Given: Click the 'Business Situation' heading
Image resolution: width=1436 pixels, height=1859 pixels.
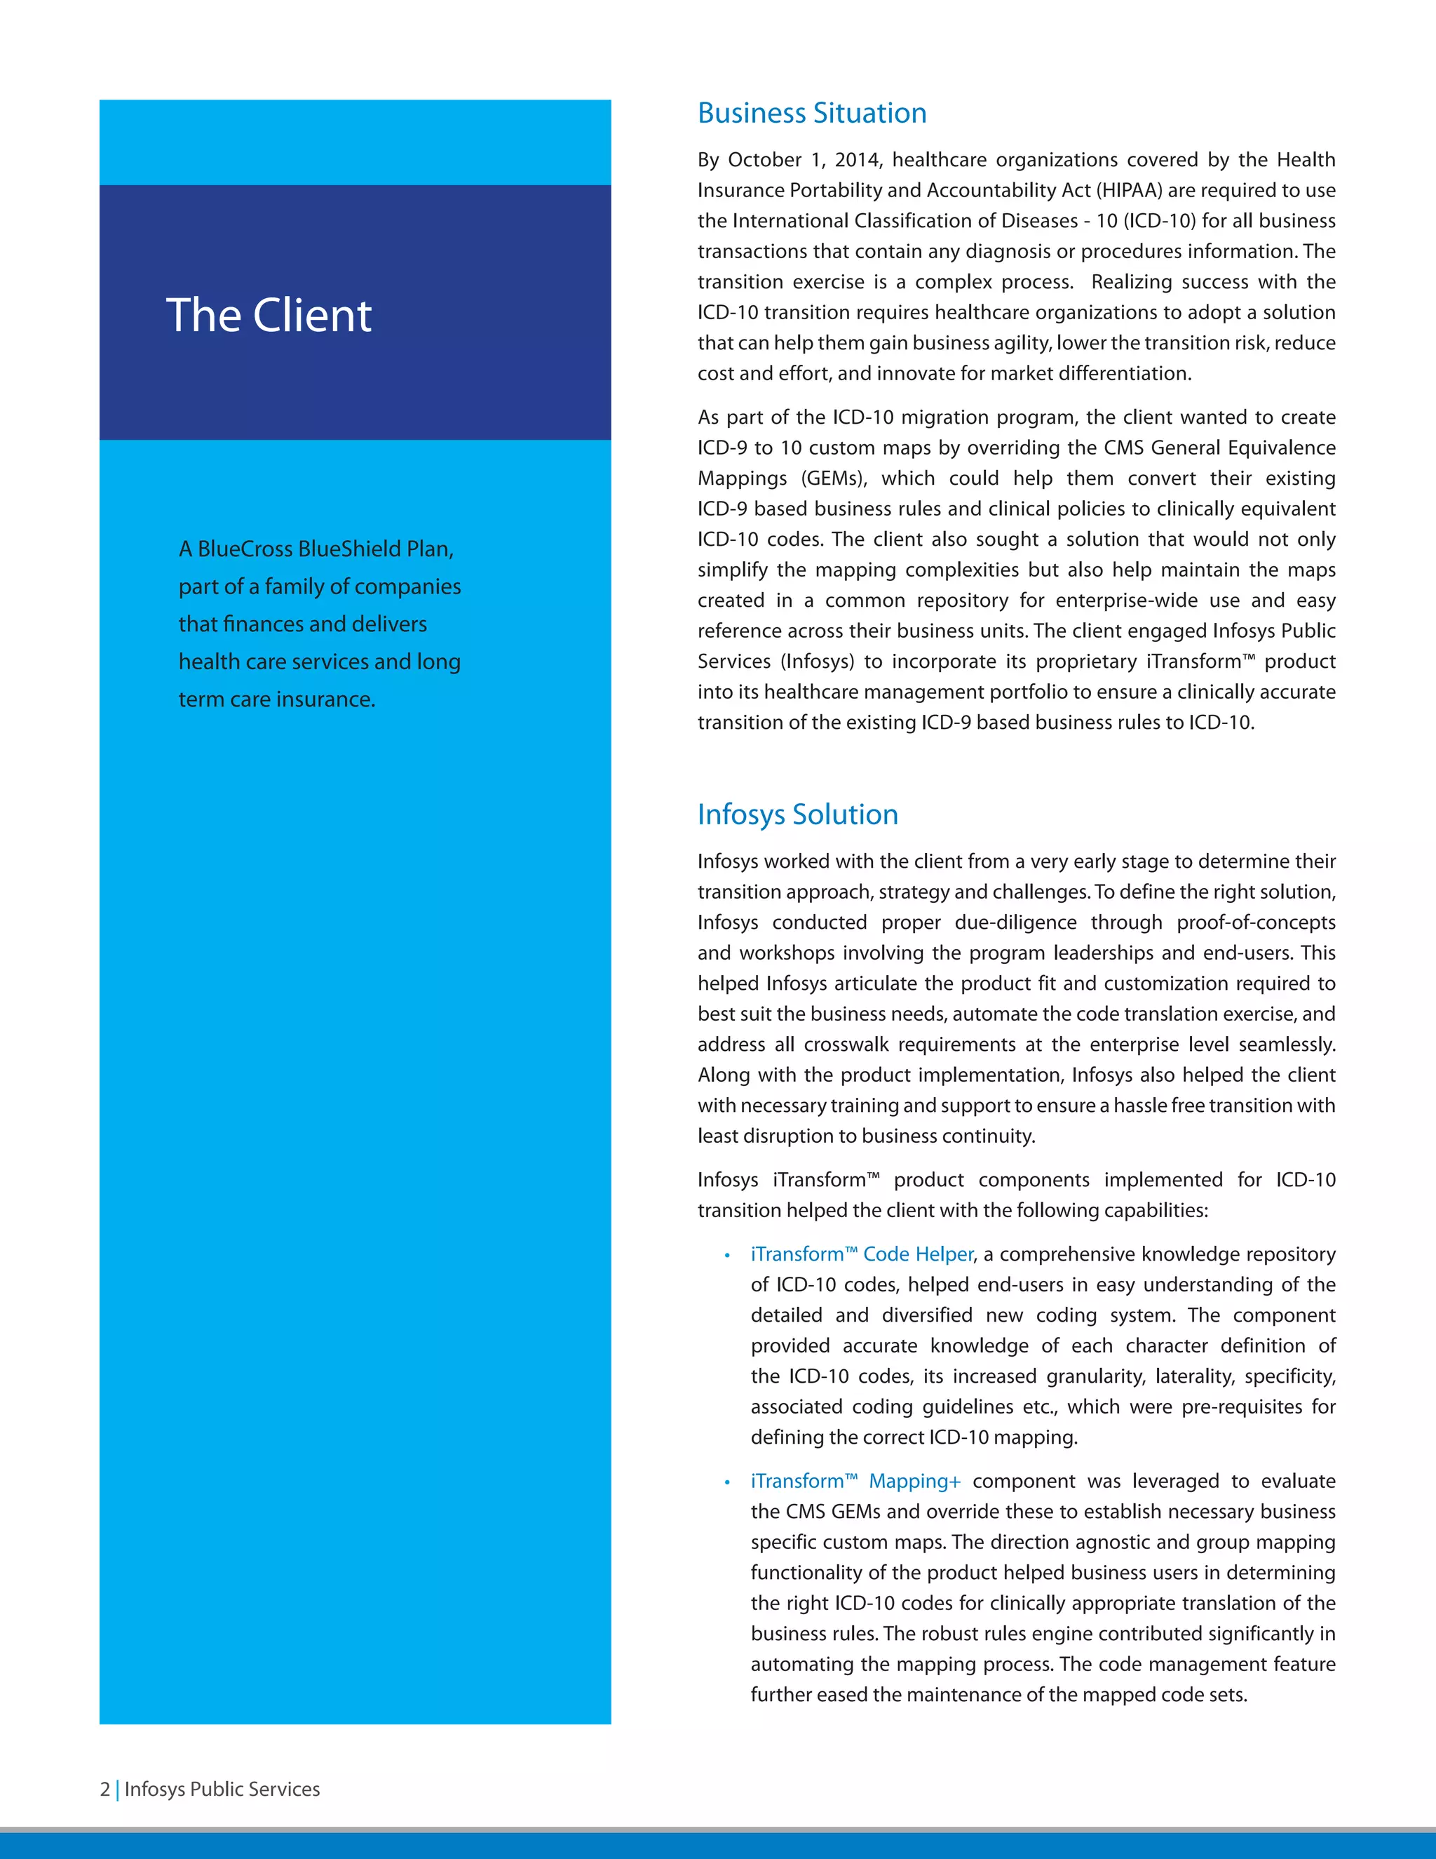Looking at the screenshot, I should point(811,113).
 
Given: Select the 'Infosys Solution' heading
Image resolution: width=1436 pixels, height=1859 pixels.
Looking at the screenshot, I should point(797,814).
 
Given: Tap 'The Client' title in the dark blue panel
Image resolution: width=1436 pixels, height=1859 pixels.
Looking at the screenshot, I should point(268,315).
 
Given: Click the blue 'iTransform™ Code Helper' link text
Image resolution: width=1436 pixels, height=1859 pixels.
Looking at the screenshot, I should point(861,1254).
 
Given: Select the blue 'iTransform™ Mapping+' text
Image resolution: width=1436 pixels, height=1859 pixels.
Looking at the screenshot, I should point(855,1481).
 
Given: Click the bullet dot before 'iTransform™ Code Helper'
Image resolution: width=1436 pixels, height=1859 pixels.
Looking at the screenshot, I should point(727,1256).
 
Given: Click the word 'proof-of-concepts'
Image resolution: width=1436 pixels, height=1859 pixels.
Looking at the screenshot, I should point(1256,922).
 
